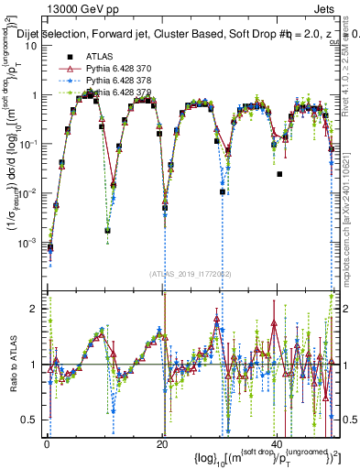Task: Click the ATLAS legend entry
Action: pyautogui.click(x=99, y=56)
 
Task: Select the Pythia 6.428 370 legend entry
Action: pyautogui.click(x=118, y=69)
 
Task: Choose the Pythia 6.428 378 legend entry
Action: pyautogui.click(x=118, y=81)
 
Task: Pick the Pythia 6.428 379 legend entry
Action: pyautogui.click(x=118, y=93)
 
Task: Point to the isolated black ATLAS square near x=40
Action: pyautogui.click(x=279, y=174)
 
